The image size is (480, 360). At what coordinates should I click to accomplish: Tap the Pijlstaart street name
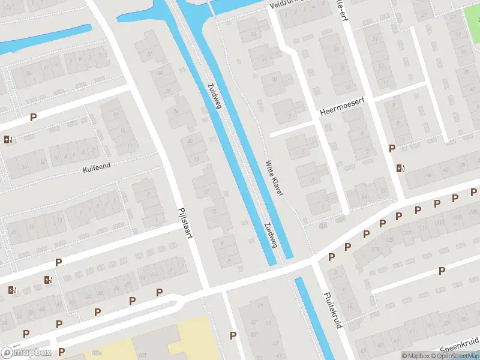tap(185, 223)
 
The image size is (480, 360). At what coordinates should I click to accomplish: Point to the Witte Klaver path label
tap(275, 177)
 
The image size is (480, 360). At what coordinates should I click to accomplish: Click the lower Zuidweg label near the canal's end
tap(269, 234)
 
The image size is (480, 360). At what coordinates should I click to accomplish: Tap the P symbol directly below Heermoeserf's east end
tap(392, 148)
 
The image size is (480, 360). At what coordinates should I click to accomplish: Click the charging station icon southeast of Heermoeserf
tap(400, 167)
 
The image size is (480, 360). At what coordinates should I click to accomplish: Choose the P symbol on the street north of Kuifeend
tap(34, 118)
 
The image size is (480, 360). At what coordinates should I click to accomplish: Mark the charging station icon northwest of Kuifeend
tap(7, 140)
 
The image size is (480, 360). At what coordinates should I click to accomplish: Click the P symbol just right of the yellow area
tap(233, 335)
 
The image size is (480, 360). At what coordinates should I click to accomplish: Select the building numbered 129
tap(376, 249)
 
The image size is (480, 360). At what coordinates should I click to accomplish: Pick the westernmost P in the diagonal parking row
tap(331, 257)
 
